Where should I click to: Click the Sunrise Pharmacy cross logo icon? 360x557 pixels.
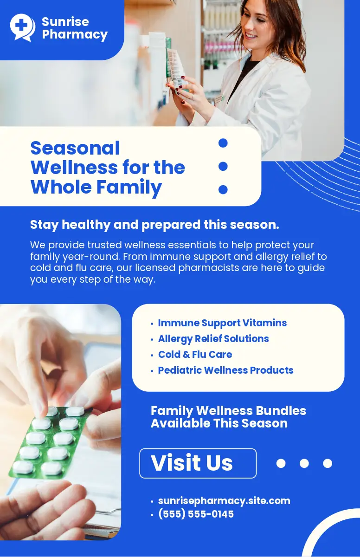click(x=22, y=27)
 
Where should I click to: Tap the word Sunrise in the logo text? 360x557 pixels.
click(x=65, y=22)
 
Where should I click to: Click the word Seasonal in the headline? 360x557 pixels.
click(x=75, y=148)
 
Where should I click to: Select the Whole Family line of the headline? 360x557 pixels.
click(x=96, y=187)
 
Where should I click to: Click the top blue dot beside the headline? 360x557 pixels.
click(x=223, y=143)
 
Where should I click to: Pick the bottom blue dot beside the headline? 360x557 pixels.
click(x=223, y=189)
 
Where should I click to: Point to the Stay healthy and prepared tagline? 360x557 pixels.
click(x=154, y=225)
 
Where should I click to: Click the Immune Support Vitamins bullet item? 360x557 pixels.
click(x=222, y=323)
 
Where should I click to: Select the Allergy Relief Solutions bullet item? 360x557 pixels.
click(x=213, y=339)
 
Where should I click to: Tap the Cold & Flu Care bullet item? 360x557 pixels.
click(x=195, y=355)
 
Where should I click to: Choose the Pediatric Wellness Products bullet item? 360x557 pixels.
click(x=225, y=370)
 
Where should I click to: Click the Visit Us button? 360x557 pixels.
click(x=198, y=463)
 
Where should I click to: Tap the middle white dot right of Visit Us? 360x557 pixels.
click(x=304, y=463)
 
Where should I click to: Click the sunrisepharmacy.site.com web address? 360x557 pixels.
click(x=224, y=501)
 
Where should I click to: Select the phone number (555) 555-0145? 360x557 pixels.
click(x=196, y=514)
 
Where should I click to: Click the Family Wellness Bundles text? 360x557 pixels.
click(x=228, y=410)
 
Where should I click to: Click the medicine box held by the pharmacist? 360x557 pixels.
click(x=176, y=67)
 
